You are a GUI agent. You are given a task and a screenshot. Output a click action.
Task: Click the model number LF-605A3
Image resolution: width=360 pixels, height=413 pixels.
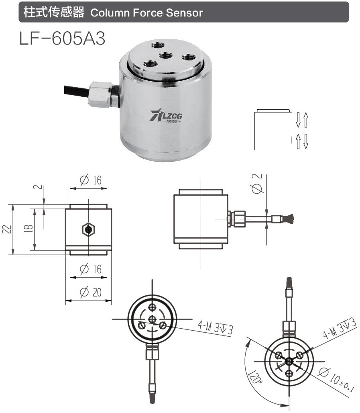coord(62,38)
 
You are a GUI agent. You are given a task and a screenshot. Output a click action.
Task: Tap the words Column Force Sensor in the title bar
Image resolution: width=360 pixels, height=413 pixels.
coord(146,12)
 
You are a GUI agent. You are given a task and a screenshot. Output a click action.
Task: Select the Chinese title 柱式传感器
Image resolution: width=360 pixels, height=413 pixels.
coord(54,12)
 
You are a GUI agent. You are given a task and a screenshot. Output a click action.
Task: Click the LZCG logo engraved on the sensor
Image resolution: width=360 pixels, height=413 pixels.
coord(166,116)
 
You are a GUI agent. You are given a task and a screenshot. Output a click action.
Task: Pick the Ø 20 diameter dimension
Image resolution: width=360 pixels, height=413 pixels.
coord(90,292)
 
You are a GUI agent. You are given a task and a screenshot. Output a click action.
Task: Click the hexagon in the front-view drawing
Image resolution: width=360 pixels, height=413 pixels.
coord(88,230)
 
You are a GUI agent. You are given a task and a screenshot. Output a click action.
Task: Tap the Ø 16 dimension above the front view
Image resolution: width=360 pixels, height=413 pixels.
coord(90,180)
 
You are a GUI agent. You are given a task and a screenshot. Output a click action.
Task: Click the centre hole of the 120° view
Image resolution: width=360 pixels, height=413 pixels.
coord(289,362)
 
